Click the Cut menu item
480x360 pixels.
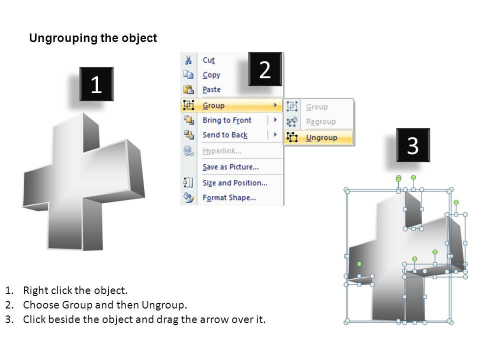[208, 60]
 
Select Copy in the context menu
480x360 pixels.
[211, 75]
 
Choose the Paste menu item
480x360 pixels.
[211, 89]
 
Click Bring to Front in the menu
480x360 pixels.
[227, 120]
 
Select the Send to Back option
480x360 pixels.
[225, 134]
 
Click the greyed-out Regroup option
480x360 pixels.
[321, 121]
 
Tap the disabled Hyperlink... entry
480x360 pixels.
[222, 151]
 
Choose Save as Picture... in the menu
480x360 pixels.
[230, 167]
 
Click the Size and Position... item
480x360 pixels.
[235, 183]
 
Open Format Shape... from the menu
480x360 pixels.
[229, 198]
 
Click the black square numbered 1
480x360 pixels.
[96, 84]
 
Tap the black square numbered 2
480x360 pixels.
[265, 69]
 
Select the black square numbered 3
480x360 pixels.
[413, 145]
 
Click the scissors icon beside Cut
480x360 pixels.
[188, 60]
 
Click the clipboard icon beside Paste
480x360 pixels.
[188, 89]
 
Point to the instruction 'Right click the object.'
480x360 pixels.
[75, 290]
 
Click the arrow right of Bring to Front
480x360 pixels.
[275, 120]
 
